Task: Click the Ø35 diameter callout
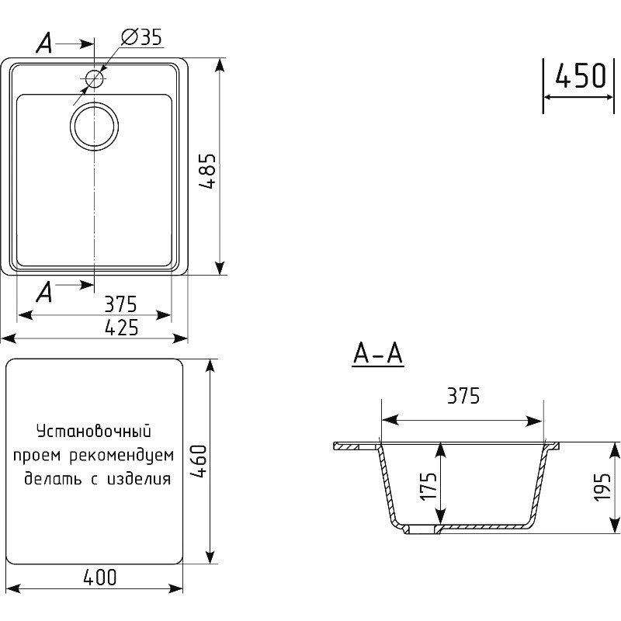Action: coord(141,36)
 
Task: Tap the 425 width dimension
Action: coord(122,328)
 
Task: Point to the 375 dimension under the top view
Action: coord(120,304)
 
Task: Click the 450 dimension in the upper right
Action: coord(581,75)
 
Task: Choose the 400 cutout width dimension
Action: coord(100,578)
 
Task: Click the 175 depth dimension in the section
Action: coord(428,486)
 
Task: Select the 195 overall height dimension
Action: coord(602,487)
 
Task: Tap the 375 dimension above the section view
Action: coord(463,396)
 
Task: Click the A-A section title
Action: coord(378,354)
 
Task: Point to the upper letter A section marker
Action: coord(44,43)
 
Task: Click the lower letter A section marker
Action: coord(44,292)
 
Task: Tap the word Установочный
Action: coord(94,432)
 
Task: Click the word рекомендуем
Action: coord(122,456)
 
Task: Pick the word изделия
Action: coord(139,479)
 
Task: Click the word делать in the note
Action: coord(53,479)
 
